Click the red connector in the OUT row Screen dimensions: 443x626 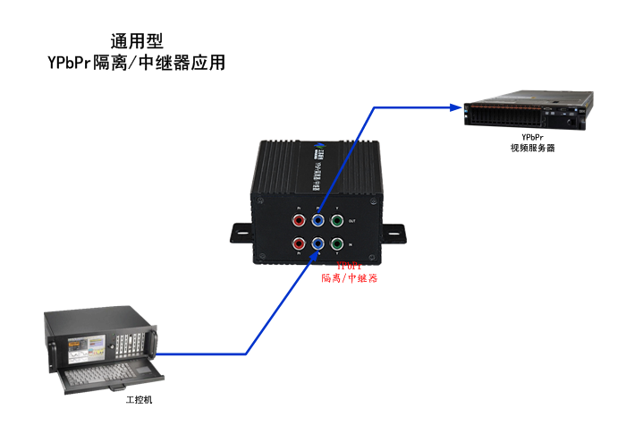(298, 218)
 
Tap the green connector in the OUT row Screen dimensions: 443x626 (337, 218)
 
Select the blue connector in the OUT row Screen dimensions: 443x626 (317, 218)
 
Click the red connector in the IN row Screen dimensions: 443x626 (298, 243)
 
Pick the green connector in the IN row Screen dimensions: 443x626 (337, 243)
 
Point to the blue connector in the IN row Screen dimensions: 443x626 (317, 243)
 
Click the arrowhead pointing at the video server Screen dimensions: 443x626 (453, 107)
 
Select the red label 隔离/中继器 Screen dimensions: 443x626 (350, 278)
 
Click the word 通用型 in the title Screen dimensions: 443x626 (137, 41)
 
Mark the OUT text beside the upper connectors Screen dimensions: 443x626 (351, 221)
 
